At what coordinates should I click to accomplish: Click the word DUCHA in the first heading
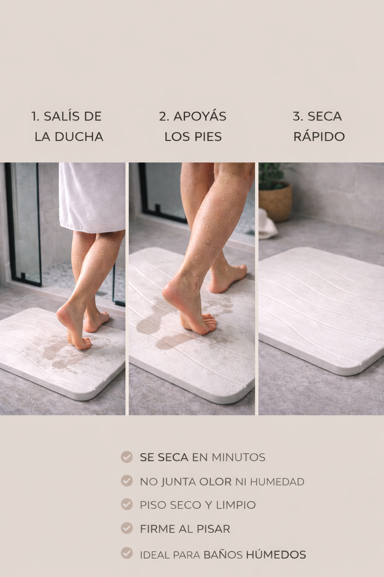(x=79, y=136)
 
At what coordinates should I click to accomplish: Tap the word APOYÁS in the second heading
(x=200, y=116)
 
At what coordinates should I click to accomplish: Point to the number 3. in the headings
(x=298, y=116)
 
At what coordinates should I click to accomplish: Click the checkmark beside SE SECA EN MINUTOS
(x=127, y=457)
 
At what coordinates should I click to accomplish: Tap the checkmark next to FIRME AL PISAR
(x=127, y=528)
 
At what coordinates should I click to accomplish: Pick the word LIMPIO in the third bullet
(x=236, y=505)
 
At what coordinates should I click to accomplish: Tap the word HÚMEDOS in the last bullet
(x=276, y=554)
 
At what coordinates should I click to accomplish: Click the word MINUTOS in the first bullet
(x=238, y=458)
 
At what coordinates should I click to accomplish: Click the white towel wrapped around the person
(x=92, y=197)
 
